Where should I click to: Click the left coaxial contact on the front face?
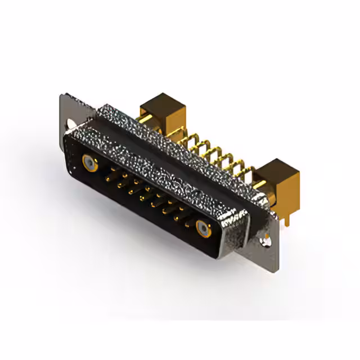point(89,163)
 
